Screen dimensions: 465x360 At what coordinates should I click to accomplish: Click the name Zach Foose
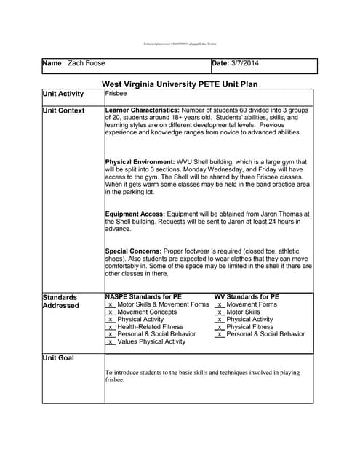(x=86, y=64)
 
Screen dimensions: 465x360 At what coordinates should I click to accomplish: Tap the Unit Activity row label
(x=63, y=94)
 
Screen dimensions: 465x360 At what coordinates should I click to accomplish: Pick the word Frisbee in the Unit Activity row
(x=116, y=94)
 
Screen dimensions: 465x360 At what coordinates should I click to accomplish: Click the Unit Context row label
(x=63, y=110)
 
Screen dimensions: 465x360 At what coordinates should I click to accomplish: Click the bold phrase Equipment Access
(x=135, y=214)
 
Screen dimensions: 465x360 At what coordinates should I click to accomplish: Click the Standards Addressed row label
(x=61, y=301)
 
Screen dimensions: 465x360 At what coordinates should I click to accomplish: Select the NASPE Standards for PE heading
(x=143, y=297)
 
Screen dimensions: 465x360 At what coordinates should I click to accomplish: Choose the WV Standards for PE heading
(x=247, y=297)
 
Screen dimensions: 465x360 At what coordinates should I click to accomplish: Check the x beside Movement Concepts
(x=111, y=312)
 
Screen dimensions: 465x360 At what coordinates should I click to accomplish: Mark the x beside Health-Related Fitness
(x=111, y=327)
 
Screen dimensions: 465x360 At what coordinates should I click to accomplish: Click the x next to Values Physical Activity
(x=111, y=342)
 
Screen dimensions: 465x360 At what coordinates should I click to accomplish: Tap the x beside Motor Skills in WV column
(x=220, y=312)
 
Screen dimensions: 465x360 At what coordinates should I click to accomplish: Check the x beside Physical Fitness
(x=220, y=327)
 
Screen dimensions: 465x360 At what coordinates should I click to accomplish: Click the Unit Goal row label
(x=58, y=358)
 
